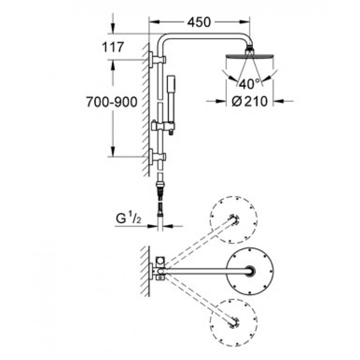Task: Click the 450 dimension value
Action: coord(199,22)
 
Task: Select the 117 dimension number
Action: coord(113,47)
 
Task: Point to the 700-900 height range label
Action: coord(112,102)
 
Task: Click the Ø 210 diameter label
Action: coord(250,101)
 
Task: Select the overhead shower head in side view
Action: coord(250,56)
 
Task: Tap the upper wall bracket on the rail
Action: coord(157,60)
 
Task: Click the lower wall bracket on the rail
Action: coord(157,157)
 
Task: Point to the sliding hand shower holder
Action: coord(163,126)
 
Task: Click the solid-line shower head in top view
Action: coord(250,271)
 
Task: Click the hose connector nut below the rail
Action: coord(160,184)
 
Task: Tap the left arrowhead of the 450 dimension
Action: coord(154,22)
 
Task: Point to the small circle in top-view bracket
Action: coord(160,261)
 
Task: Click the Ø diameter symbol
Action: coord(237,101)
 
